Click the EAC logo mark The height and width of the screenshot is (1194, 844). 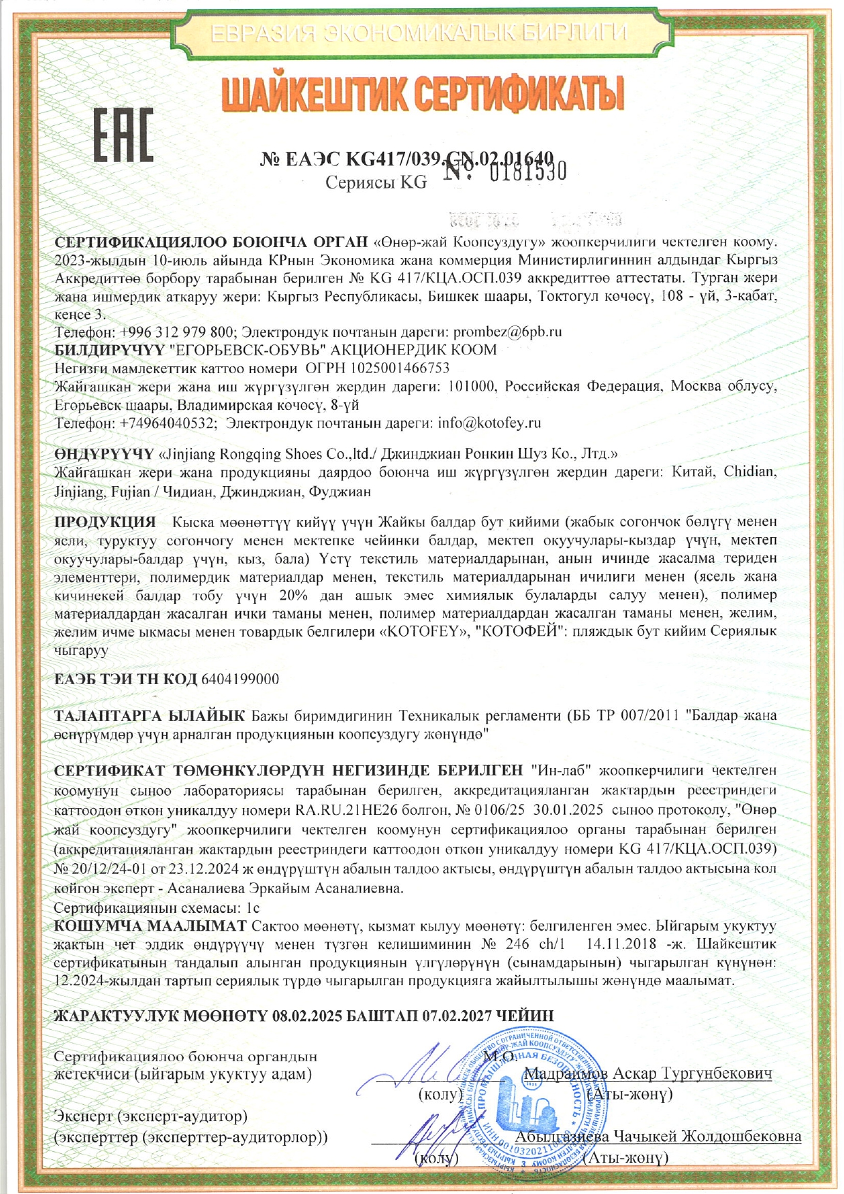[x=123, y=135]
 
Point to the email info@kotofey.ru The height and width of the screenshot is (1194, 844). [x=489, y=423]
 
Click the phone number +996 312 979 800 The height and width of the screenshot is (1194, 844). [x=177, y=332]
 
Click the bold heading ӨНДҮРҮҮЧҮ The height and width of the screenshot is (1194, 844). [x=104, y=453]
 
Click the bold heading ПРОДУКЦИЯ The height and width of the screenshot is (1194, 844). [x=105, y=522]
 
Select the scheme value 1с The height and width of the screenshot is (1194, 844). [x=253, y=908]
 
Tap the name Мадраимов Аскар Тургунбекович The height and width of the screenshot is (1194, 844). [x=649, y=1074]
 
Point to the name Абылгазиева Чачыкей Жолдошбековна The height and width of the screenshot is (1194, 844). [x=658, y=1136]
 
